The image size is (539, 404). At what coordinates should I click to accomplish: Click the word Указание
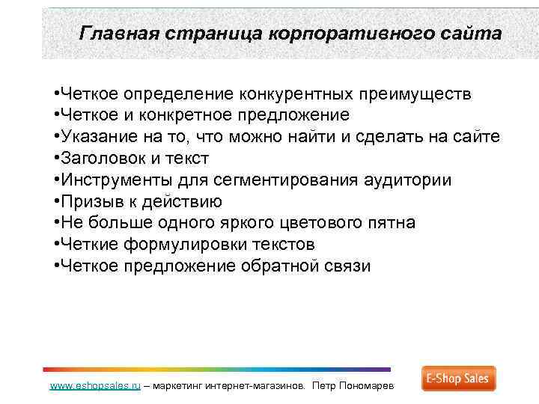[96, 137]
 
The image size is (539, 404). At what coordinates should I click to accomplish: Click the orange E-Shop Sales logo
[458, 379]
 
